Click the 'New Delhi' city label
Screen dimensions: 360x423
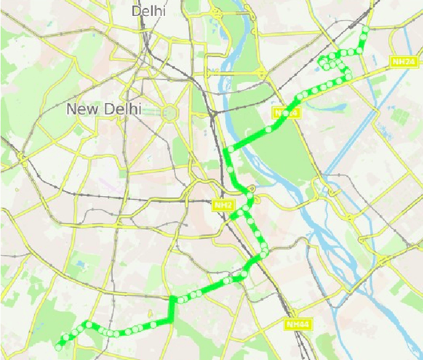[104, 109]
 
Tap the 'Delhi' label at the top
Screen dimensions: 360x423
[148, 11]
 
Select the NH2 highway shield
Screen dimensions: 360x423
[223, 205]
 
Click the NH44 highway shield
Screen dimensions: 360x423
[298, 324]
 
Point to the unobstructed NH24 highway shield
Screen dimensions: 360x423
[403, 61]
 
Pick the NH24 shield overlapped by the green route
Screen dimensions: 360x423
[286, 113]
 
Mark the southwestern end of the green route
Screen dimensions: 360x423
[59, 345]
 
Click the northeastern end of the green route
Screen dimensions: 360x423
[365, 30]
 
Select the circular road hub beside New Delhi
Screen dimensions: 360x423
[170, 112]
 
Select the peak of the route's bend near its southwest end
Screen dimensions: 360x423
[88, 324]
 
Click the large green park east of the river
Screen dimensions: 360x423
[278, 152]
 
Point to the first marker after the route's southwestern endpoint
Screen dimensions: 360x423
[65, 340]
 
